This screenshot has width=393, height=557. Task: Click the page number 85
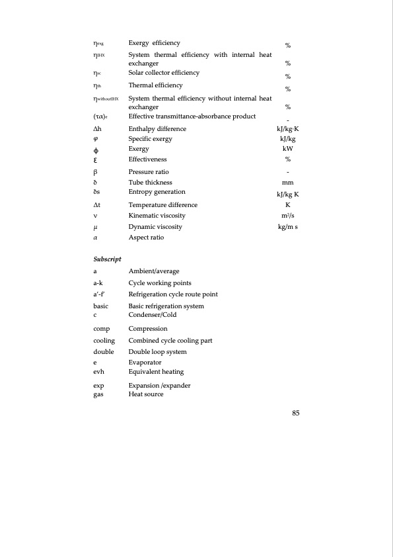pyautogui.click(x=296, y=413)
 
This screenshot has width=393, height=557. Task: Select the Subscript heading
pyautogui.click(x=106, y=257)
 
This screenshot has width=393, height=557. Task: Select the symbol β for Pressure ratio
pyautogui.click(x=96, y=171)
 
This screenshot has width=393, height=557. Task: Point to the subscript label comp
pyautogui.click(x=102, y=329)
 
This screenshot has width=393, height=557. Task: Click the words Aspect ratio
pyautogui.click(x=146, y=237)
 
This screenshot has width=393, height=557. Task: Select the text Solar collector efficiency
pyautogui.click(x=164, y=72)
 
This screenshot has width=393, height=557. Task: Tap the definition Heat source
pyautogui.click(x=146, y=394)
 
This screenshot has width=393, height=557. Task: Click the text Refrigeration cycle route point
pyautogui.click(x=173, y=294)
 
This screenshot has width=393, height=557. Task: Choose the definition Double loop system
pyautogui.click(x=157, y=352)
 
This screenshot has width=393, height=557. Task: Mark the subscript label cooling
pyautogui.click(x=104, y=340)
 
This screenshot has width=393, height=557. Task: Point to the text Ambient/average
pyautogui.click(x=153, y=271)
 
